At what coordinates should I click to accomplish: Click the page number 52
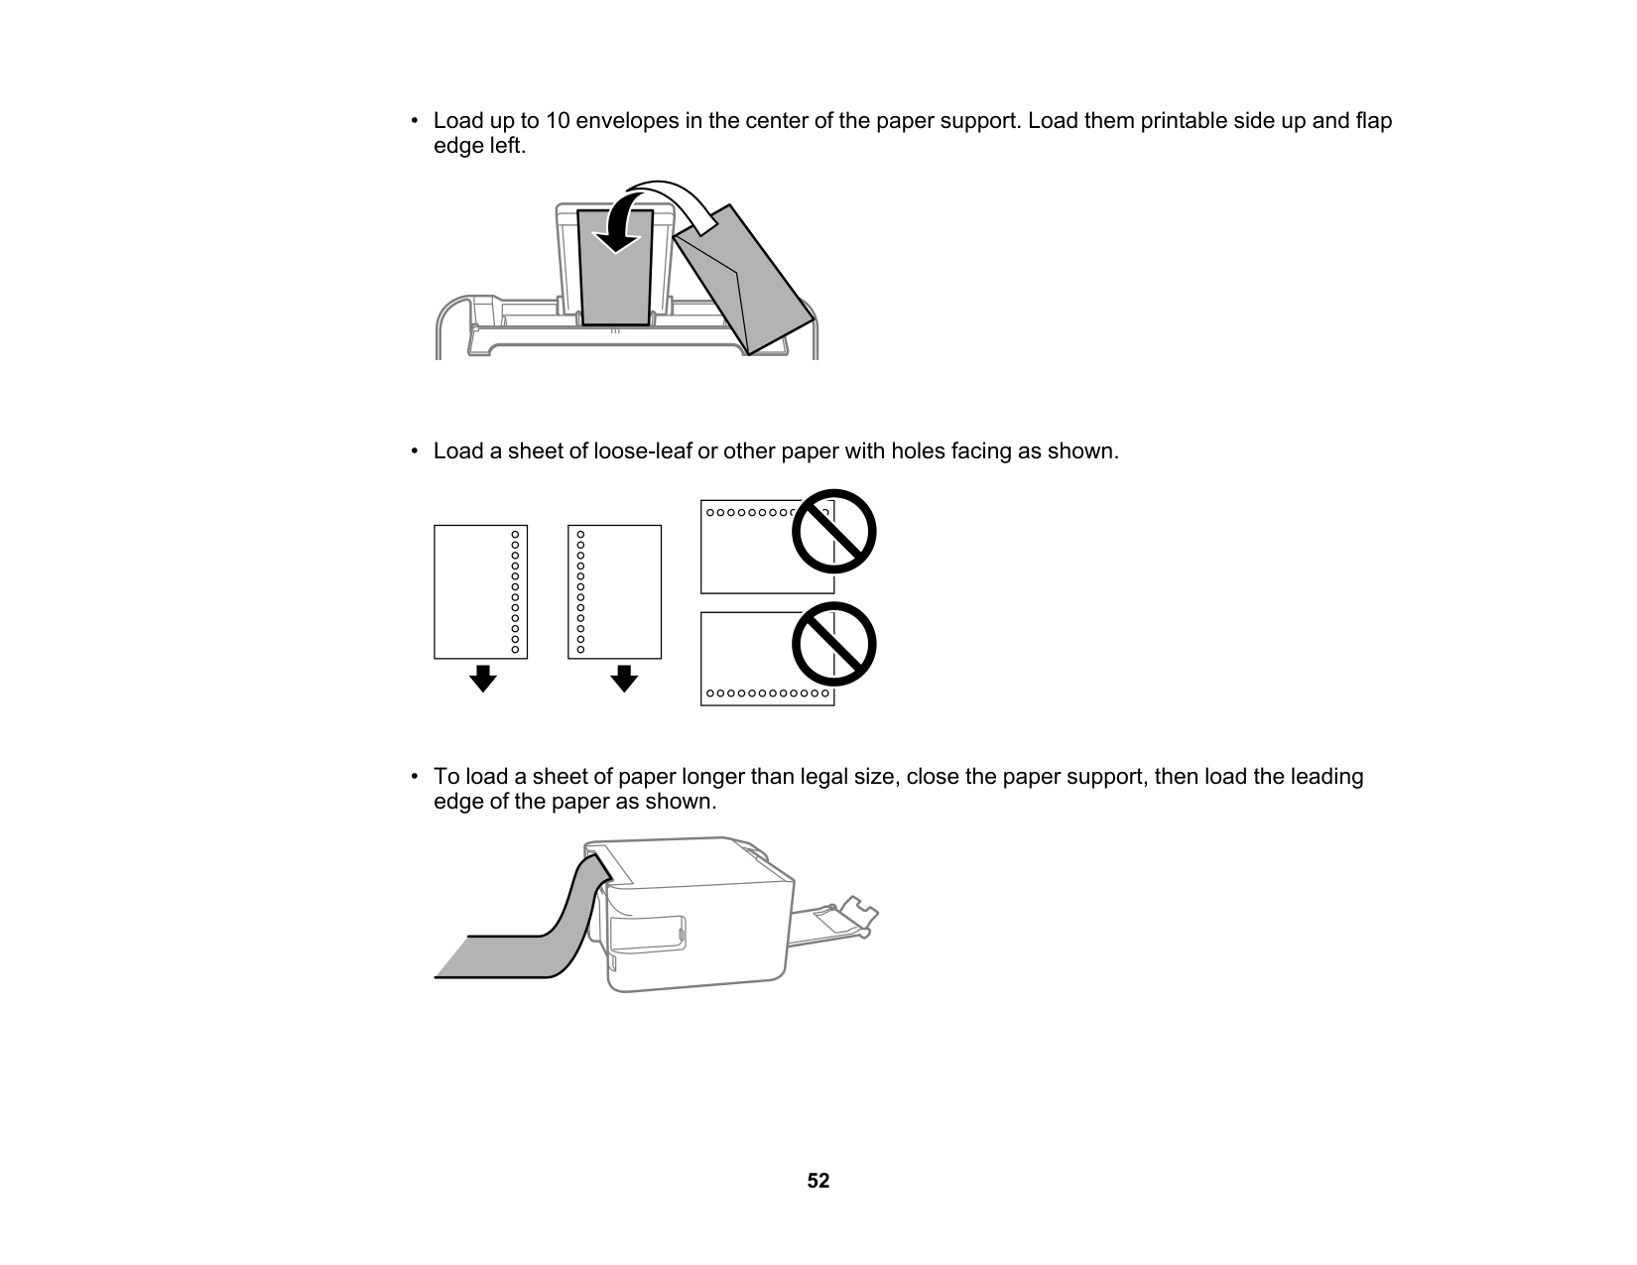pos(818,1181)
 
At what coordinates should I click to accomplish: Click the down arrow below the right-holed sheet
pos(482,679)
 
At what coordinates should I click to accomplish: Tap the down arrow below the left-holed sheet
pos(623,679)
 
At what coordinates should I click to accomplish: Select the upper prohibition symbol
pos(833,532)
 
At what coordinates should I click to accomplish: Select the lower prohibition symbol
pos(833,644)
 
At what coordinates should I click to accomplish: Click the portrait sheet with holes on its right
pos(480,591)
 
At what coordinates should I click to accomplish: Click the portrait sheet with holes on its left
pos(614,591)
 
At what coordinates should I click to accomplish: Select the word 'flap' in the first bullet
pos(1373,121)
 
